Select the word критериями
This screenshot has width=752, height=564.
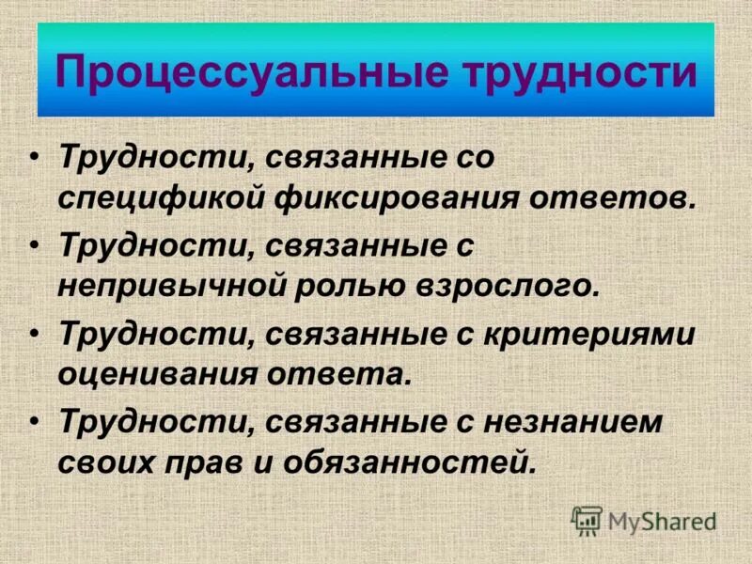593,336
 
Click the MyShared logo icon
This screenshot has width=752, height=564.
587,520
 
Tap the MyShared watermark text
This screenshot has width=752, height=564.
661,521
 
